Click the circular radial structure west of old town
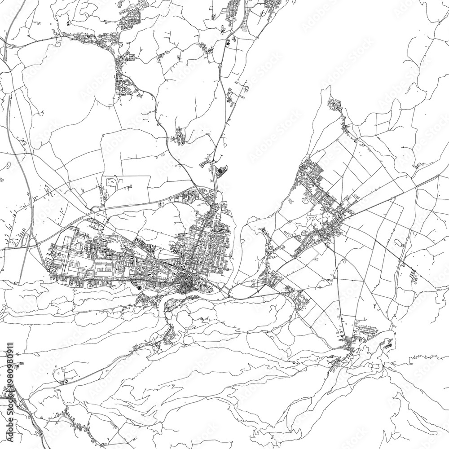point(139,287)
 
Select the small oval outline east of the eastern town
point(399,243)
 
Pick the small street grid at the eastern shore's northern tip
point(335,105)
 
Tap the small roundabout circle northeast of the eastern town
point(356,141)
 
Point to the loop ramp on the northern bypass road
point(95,208)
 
